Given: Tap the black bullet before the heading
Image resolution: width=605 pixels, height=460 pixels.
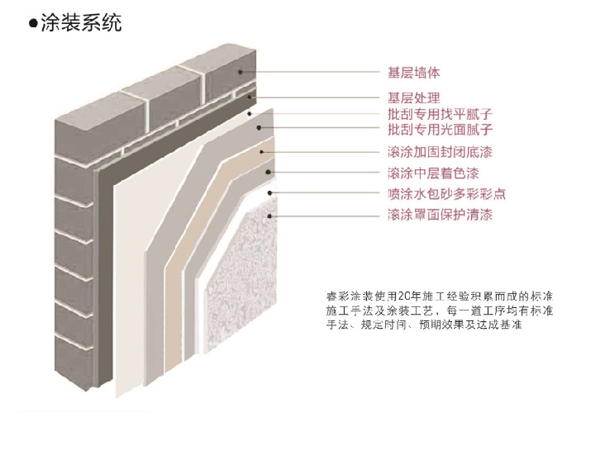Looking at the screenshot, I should click(x=32, y=23).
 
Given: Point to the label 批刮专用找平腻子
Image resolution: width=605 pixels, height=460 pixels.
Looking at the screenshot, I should click(x=441, y=114).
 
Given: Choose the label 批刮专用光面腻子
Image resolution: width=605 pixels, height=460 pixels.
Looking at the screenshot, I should click(x=441, y=130).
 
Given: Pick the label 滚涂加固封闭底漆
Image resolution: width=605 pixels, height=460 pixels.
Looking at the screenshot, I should click(x=441, y=152).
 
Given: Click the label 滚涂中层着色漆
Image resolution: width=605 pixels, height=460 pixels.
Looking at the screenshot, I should click(x=433, y=173).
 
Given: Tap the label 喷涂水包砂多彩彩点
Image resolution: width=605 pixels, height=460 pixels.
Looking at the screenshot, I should click(x=446, y=195).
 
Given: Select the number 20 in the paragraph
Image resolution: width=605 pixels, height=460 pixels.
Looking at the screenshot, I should click(x=403, y=295).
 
